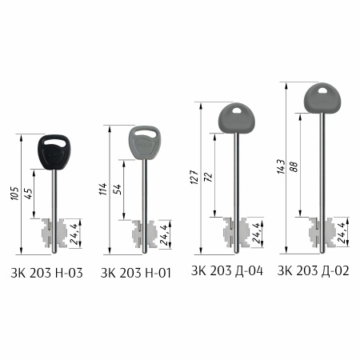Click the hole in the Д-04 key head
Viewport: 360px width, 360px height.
click(x=236, y=110)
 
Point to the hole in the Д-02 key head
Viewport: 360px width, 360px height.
click(x=322, y=90)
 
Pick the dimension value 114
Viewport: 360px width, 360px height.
click(x=103, y=189)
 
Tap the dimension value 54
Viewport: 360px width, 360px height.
click(x=117, y=189)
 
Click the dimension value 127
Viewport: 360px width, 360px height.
click(x=194, y=177)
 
